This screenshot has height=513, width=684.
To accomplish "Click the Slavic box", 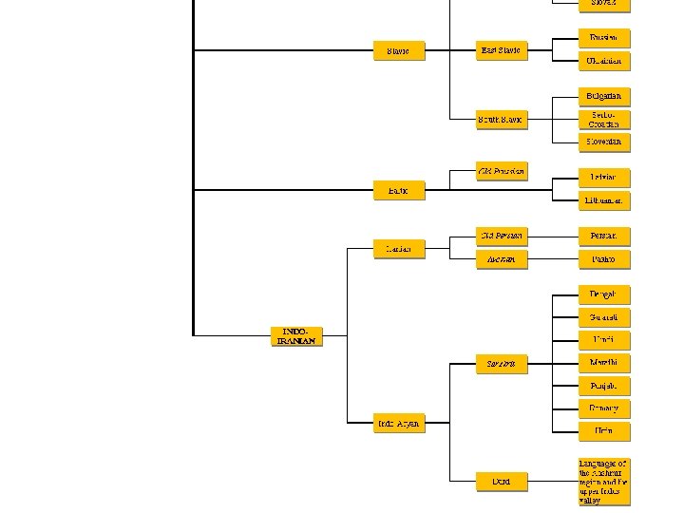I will (x=398, y=50).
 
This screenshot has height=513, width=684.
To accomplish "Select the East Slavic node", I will (x=501, y=50).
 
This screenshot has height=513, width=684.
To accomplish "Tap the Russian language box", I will (x=603, y=39).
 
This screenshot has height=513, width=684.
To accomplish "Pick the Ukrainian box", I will (x=603, y=61).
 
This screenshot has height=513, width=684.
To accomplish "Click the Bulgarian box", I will (x=603, y=97).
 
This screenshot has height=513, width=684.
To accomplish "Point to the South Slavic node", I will (x=501, y=120).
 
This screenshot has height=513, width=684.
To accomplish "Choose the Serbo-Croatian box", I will (x=603, y=119).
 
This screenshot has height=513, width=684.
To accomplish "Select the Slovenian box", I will (x=603, y=142).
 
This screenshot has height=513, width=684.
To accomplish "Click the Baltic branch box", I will (x=398, y=191).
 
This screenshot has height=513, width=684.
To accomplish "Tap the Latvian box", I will (x=603, y=178).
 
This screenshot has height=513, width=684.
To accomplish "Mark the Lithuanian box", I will (x=603, y=200).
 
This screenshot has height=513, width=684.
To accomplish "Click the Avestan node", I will (x=501, y=258).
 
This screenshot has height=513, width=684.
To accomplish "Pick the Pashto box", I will (x=603, y=258).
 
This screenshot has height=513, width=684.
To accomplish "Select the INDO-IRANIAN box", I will (x=295, y=336).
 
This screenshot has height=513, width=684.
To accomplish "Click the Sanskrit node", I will (x=501, y=363).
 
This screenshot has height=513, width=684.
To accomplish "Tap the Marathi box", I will (x=603, y=363).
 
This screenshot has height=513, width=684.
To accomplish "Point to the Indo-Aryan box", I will (x=398, y=423).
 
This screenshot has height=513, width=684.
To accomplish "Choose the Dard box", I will (x=501, y=482).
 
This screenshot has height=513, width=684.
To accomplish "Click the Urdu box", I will (x=603, y=431).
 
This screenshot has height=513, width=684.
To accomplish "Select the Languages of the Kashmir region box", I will (x=603, y=482).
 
